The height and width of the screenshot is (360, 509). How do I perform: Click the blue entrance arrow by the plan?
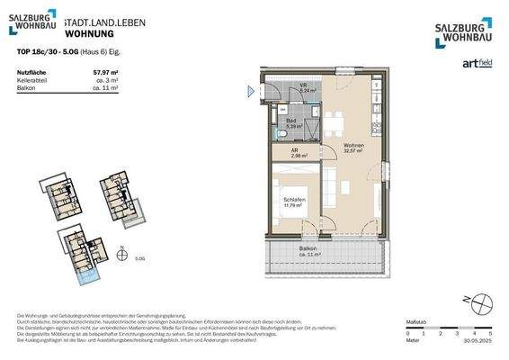pyautogui.click(x=252, y=90)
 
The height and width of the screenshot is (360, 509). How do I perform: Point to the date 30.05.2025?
pyautogui.click(x=476, y=340)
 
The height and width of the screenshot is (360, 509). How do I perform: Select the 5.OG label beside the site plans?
pyautogui.click(x=139, y=257)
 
